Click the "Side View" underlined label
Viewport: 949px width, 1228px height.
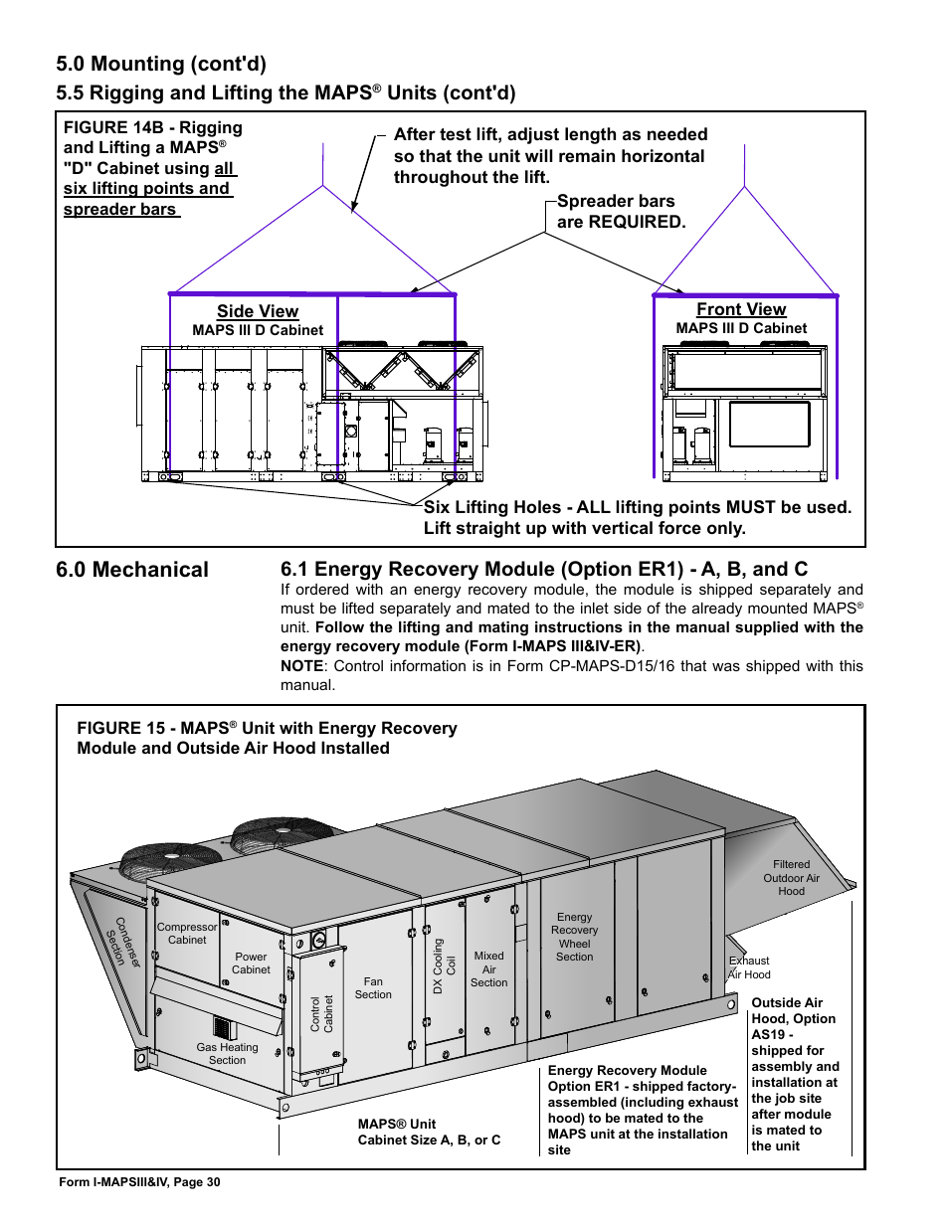(x=258, y=311)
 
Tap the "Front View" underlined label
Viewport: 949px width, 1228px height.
(x=741, y=309)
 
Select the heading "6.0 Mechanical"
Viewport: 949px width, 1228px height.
(x=132, y=570)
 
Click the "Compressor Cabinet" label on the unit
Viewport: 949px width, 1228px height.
(x=187, y=933)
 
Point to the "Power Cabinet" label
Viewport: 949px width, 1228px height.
(x=251, y=963)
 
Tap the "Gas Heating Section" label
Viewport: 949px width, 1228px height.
(x=227, y=1053)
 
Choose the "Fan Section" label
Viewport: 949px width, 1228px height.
(x=373, y=987)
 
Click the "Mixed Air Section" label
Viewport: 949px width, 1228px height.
(x=488, y=968)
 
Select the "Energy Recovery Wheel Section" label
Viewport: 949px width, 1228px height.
(x=574, y=937)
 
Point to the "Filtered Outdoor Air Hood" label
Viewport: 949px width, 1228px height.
(x=791, y=878)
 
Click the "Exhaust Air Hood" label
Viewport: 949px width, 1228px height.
(x=749, y=967)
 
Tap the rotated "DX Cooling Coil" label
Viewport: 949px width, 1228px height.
(x=444, y=966)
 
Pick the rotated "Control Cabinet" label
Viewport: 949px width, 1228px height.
(x=321, y=1013)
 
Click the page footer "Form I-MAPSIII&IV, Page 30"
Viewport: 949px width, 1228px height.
(x=139, y=1182)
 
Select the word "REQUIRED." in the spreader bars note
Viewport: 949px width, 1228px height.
(x=636, y=222)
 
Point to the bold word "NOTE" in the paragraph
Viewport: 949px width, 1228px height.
(x=301, y=666)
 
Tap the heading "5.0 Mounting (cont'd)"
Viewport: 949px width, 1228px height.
(x=161, y=64)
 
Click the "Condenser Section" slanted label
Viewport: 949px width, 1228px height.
(x=123, y=943)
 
